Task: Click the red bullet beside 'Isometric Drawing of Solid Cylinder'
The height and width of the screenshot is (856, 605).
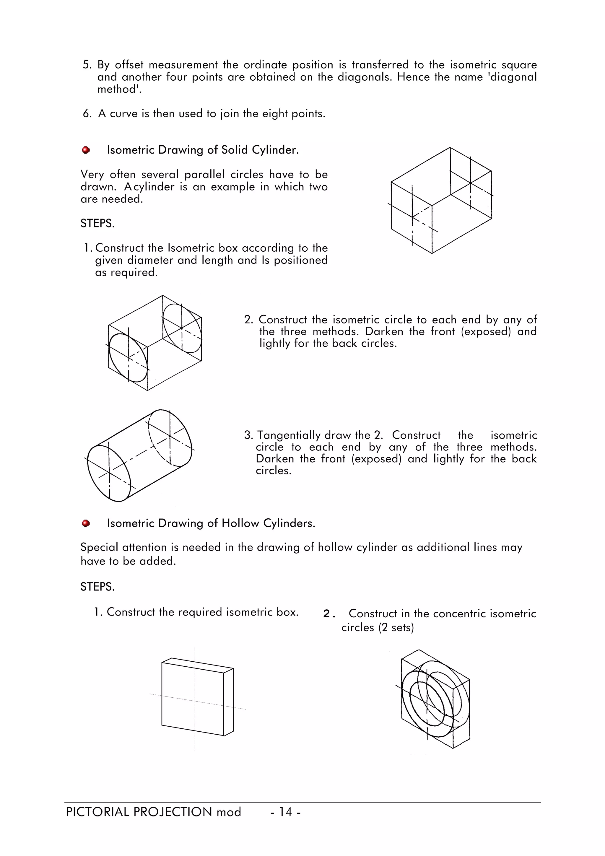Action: [x=86, y=150]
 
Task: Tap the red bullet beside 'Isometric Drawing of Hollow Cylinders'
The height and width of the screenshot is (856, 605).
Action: [x=86, y=523]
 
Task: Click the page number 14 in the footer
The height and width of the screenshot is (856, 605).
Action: [x=286, y=812]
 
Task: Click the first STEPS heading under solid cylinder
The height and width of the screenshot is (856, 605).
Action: [x=97, y=223]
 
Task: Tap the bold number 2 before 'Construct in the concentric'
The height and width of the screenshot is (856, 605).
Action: [x=327, y=614]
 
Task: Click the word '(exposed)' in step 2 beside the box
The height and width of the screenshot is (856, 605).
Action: [x=485, y=331]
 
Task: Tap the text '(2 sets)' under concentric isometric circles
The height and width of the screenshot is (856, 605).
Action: [x=396, y=627]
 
